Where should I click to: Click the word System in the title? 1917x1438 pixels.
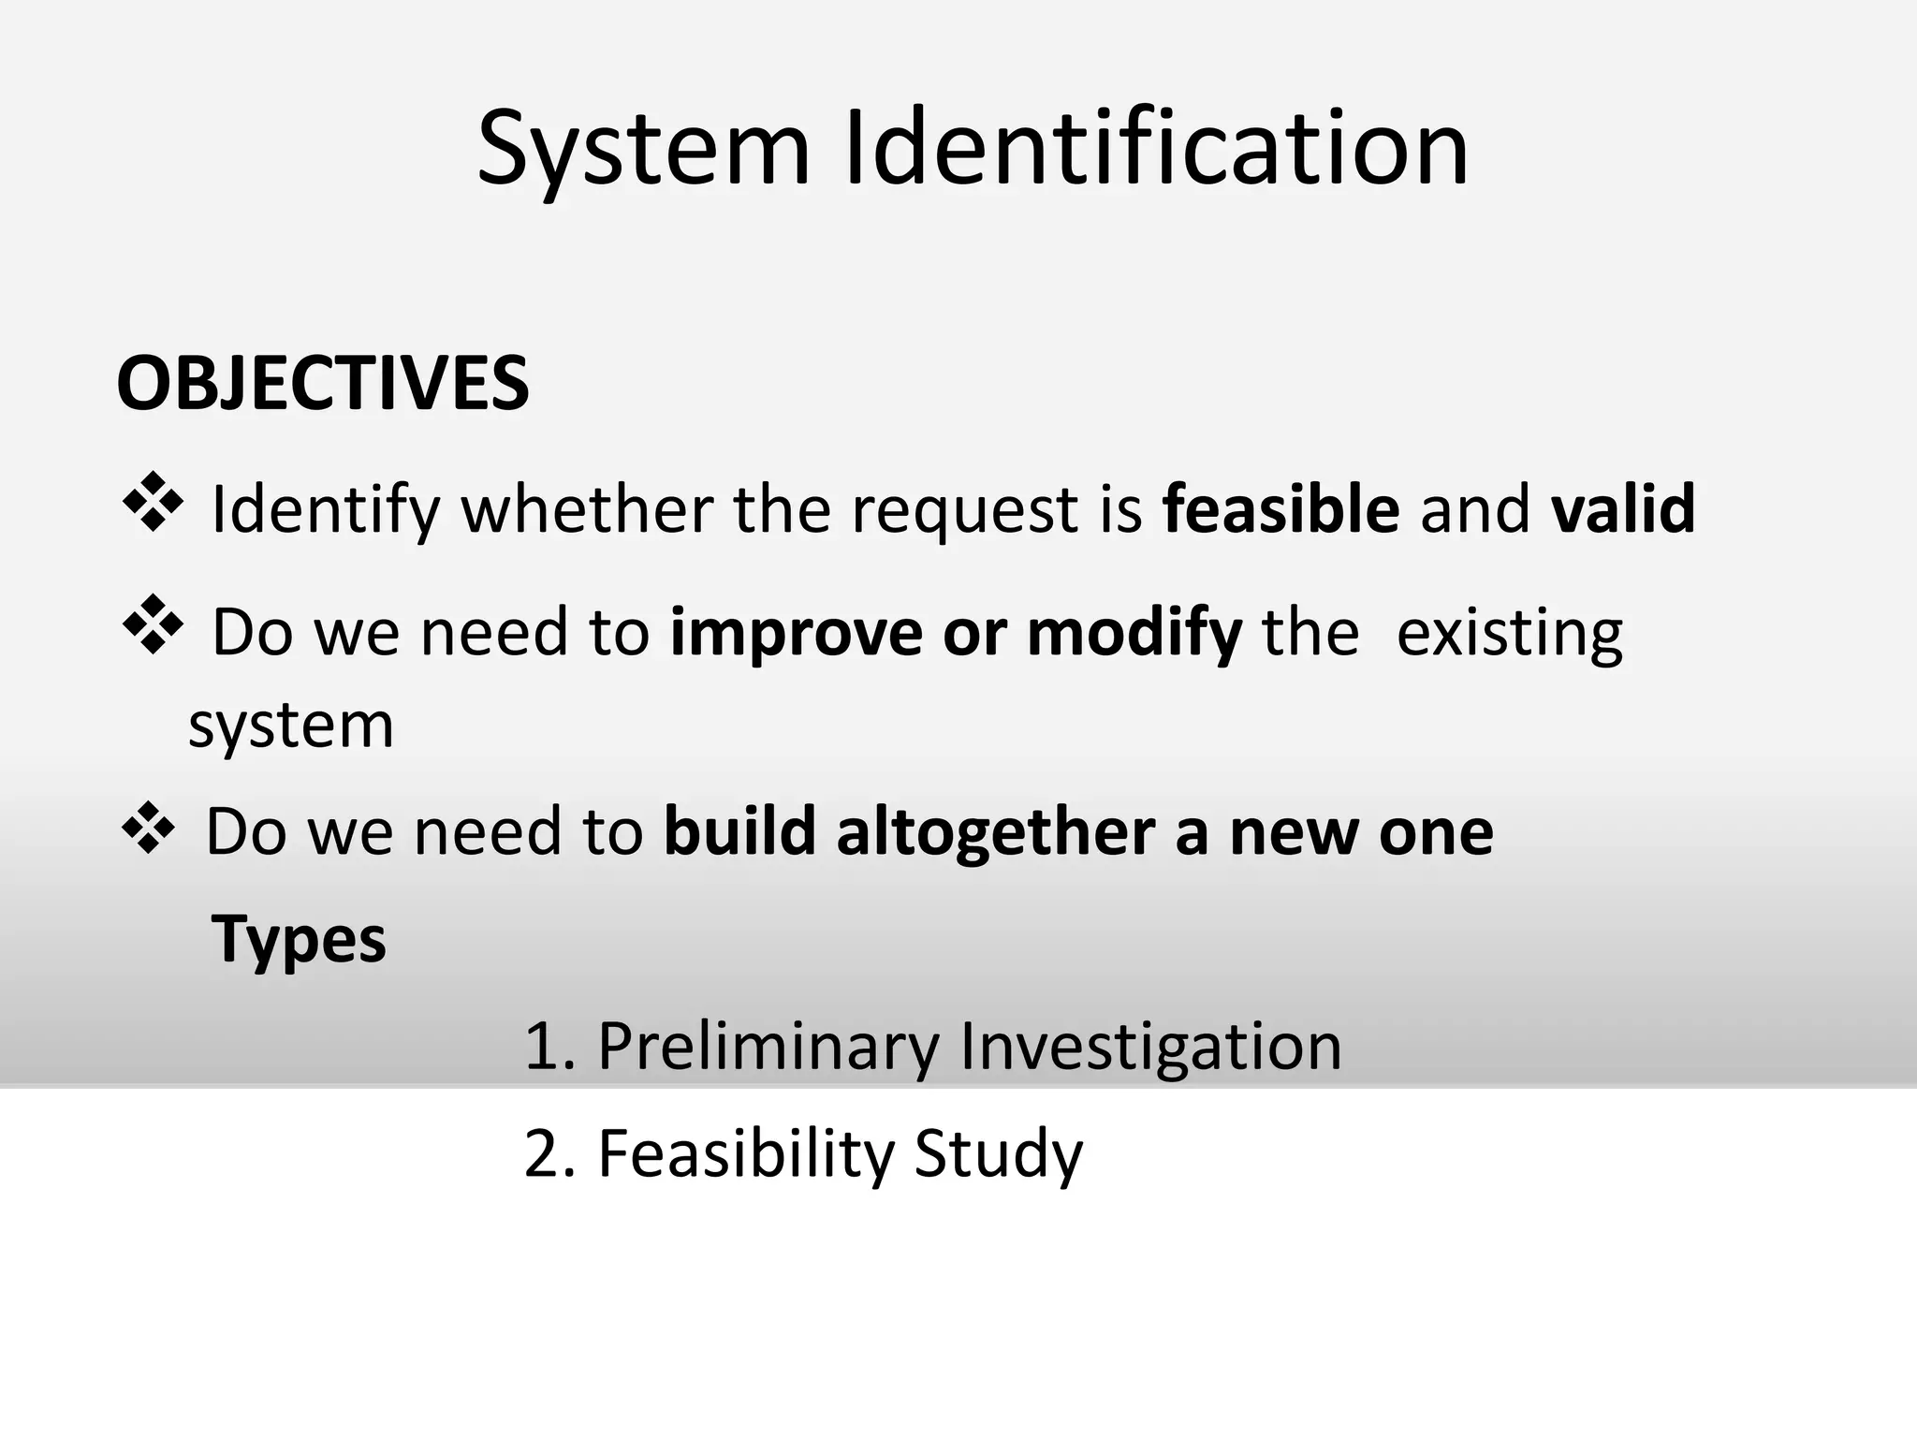pyautogui.click(x=643, y=150)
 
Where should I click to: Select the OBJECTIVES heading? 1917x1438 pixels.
pyautogui.click(x=323, y=384)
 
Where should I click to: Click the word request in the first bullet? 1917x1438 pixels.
pyautogui.click(x=963, y=511)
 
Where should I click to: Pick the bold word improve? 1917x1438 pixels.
pyautogui.click(x=797, y=634)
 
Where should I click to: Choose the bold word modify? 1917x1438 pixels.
pyautogui.click(x=1134, y=634)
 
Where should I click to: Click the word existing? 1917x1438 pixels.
pyautogui.click(x=1509, y=634)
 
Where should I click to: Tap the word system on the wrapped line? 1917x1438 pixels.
pyautogui.click(x=291, y=726)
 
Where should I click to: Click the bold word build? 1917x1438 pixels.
pyautogui.click(x=739, y=832)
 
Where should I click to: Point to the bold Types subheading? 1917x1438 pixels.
pyautogui.click(x=299, y=939)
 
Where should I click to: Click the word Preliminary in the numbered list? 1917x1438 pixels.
pyautogui.click(x=768, y=1047)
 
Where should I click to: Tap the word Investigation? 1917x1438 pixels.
pyautogui.click(x=1150, y=1047)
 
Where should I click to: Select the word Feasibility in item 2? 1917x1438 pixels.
pyautogui.click(x=746, y=1154)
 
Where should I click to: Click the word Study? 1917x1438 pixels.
pyautogui.click(x=998, y=1154)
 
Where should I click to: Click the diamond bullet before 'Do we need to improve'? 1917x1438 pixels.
pyautogui.click(x=153, y=624)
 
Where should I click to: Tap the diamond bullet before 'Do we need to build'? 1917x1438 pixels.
pyautogui.click(x=148, y=827)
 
